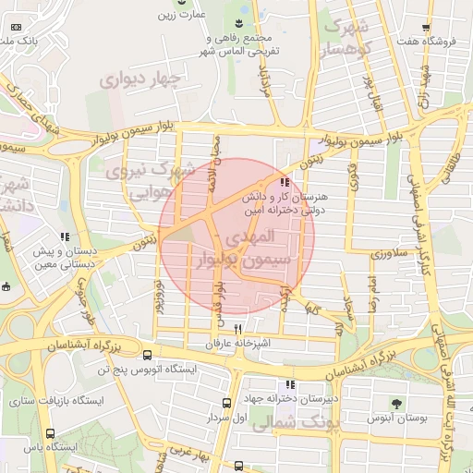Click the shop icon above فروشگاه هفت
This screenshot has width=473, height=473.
pos(425,29)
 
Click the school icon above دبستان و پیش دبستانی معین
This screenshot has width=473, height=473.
pos(64,237)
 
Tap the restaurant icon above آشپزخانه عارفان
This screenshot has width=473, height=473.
pos(238,329)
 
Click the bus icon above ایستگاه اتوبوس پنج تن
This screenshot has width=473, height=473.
pos(147,355)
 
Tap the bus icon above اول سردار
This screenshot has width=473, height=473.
pos(226,403)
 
